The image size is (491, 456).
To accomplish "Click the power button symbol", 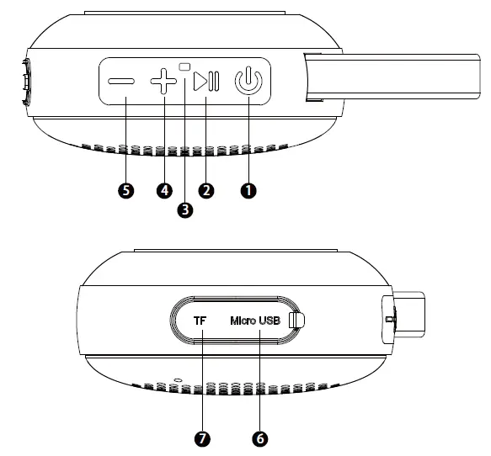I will click(x=248, y=82).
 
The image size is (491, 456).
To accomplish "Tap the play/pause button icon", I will click(x=205, y=82).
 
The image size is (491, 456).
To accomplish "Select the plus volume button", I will click(x=163, y=82).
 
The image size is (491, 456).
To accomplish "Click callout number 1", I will click(x=248, y=191).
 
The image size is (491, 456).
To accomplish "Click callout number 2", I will click(x=205, y=191).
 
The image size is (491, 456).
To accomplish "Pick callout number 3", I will click(x=185, y=209).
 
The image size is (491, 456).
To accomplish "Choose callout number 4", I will click(x=164, y=191).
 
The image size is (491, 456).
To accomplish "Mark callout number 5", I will click(x=125, y=191).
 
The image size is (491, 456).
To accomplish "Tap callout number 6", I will click(x=259, y=438).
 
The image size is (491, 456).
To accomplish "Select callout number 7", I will click(x=202, y=438).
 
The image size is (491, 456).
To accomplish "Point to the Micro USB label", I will click(x=255, y=321).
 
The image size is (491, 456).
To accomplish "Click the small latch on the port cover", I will click(x=295, y=321).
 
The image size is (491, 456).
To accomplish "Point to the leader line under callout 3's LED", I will click(x=185, y=135).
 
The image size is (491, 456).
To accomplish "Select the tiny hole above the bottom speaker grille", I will click(x=178, y=380).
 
